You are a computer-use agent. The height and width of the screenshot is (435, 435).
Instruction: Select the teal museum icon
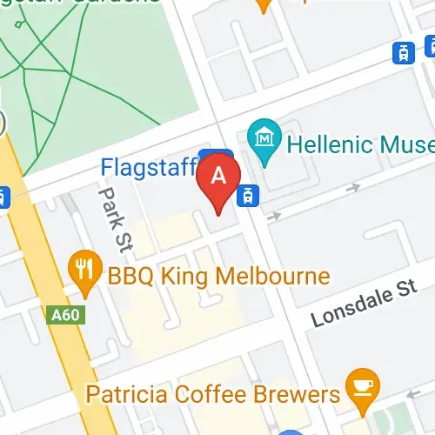tap(262, 137)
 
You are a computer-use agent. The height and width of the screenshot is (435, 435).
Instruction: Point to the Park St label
tap(114, 221)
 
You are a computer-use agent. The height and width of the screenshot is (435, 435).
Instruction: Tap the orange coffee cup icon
tap(360, 384)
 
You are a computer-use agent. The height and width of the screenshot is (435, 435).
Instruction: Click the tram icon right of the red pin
tap(249, 194)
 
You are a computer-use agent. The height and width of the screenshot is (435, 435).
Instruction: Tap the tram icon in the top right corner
tap(404, 52)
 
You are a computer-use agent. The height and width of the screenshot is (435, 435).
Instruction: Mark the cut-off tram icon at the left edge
tap(3, 197)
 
